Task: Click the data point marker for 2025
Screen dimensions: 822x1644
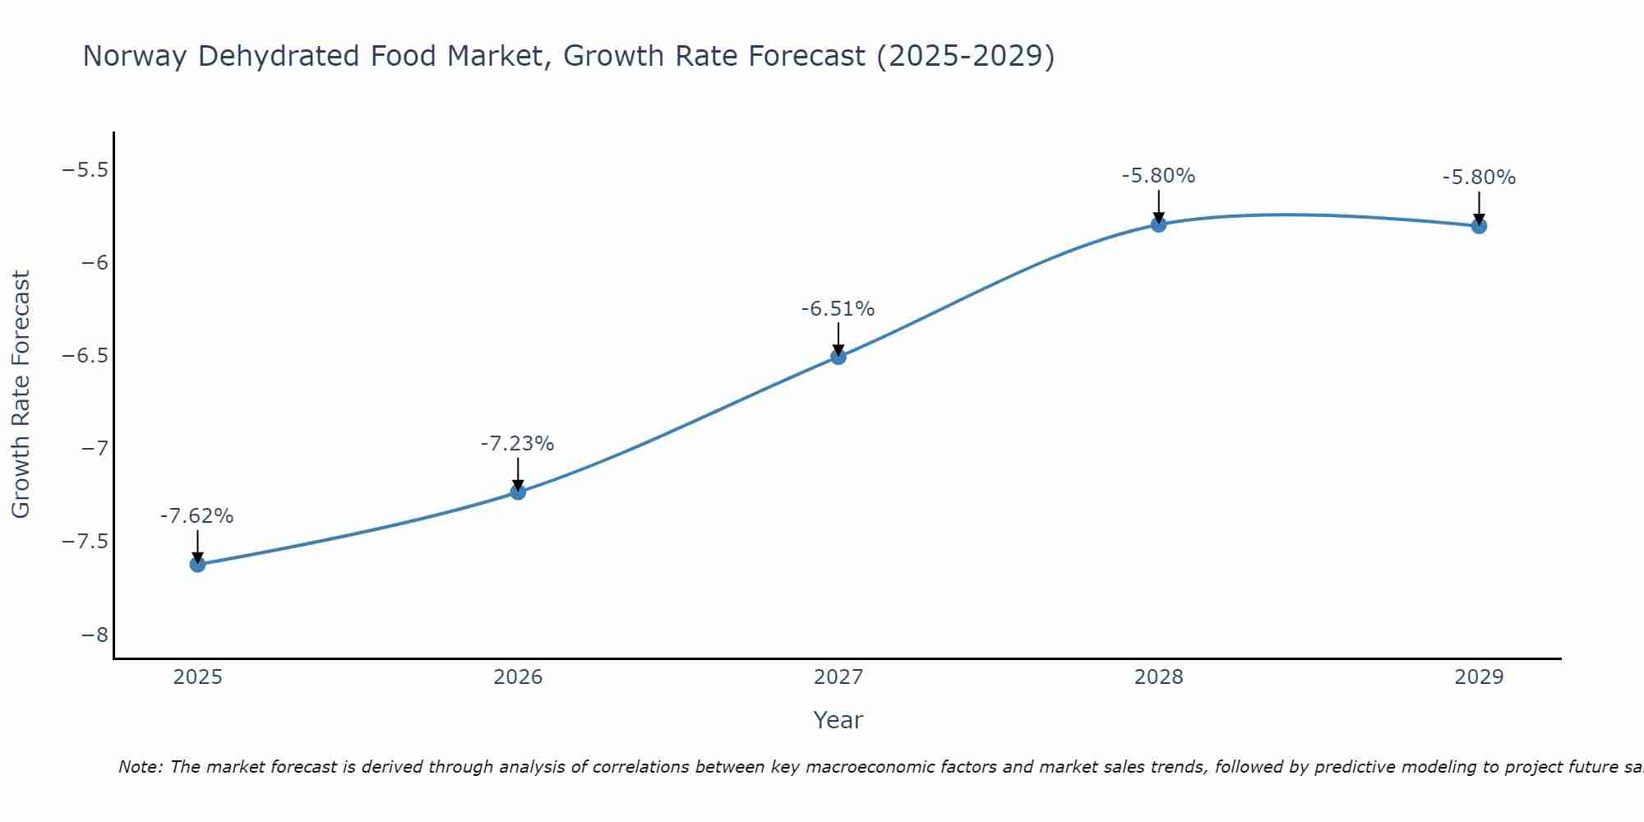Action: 197,564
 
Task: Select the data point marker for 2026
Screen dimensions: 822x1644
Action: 518,492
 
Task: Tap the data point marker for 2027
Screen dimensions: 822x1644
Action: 838,357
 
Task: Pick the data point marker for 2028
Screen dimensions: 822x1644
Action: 1159,224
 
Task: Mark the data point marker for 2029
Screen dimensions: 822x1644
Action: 1479,225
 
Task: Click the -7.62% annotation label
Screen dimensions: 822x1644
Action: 196,516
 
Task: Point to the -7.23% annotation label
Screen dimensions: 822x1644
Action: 517,444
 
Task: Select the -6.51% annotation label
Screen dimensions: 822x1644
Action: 838,309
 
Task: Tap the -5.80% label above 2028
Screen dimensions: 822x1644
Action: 1158,176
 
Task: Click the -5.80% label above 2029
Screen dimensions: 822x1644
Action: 1479,178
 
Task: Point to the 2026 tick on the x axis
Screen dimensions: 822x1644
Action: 518,677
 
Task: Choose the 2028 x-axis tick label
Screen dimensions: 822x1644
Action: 1159,677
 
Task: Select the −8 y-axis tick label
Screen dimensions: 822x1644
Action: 95,635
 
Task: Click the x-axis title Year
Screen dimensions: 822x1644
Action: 838,720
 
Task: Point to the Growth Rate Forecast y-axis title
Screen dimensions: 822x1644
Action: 21,395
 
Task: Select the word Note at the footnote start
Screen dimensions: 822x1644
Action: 140,767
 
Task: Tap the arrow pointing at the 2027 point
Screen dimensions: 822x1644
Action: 838,339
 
